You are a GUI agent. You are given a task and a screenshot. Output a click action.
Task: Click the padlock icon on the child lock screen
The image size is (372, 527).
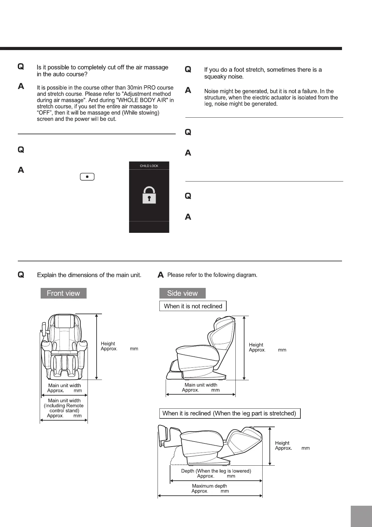tap(149, 195)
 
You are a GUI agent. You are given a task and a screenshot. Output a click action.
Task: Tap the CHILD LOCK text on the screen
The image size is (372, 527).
tap(149, 166)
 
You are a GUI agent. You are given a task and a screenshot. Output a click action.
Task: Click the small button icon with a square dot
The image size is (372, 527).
tap(88, 177)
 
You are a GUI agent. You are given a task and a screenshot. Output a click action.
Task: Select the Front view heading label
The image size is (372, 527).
tap(63, 293)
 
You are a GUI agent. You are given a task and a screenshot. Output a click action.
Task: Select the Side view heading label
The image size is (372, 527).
tap(183, 293)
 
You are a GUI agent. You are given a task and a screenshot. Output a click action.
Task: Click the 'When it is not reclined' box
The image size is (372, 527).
tap(193, 306)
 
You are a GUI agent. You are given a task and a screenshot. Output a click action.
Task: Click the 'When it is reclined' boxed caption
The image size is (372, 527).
tap(229, 413)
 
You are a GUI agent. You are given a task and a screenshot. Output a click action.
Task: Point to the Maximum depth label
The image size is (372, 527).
tap(209, 486)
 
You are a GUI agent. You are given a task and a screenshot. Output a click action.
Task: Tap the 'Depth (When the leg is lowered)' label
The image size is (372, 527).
tap(216, 471)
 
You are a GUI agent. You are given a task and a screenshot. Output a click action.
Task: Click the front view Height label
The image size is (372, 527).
tap(108, 344)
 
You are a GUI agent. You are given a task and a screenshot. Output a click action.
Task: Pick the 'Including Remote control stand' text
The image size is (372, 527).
tap(64, 408)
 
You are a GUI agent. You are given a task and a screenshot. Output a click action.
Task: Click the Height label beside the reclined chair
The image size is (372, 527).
tap(282, 443)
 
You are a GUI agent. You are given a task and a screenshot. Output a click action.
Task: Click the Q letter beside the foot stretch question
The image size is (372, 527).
tap(188, 69)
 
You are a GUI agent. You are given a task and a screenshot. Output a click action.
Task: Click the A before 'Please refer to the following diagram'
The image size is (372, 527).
tap(161, 275)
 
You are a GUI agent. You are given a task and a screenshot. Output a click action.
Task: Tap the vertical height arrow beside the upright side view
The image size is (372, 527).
tap(244, 348)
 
